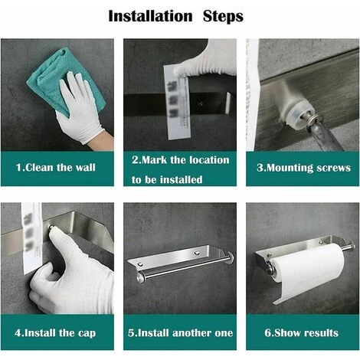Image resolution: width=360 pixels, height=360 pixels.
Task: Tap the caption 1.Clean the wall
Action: (x=57, y=168)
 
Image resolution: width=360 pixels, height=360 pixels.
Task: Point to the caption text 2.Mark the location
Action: (x=180, y=160)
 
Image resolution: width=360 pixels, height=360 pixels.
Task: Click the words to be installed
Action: (x=167, y=179)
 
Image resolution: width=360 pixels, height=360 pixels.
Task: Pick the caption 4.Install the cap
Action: (x=57, y=332)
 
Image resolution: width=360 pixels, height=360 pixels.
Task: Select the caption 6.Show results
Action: (x=302, y=332)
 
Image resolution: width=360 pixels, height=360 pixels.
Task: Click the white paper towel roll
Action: (x=306, y=271)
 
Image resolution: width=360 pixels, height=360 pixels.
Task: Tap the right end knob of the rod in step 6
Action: (x=350, y=247)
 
